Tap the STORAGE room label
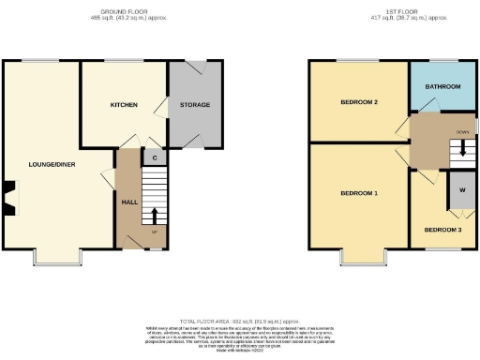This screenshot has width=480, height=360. click(195, 104)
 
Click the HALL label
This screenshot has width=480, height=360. click(129, 202)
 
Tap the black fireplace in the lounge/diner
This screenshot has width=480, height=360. click(8, 198)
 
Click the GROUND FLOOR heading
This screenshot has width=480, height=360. click(123, 11)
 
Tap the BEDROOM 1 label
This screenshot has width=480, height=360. click(359, 194)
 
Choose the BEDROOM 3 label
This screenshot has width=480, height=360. click(442, 230)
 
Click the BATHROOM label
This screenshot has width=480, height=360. click(443, 86)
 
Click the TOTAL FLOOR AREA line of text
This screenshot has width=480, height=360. click(240, 322)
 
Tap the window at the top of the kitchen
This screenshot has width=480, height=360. click(118, 62)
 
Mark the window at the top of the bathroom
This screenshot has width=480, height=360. click(443, 62)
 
